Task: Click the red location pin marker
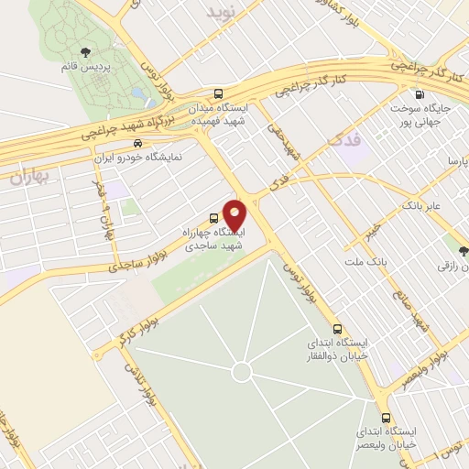(x=235, y=214)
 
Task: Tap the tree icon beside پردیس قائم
(x=85, y=51)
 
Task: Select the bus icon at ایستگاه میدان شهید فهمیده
(x=218, y=93)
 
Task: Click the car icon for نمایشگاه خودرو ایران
(x=137, y=143)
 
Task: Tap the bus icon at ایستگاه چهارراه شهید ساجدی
(x=213, y=218)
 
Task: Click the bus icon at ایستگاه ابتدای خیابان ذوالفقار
(x=337, y=328)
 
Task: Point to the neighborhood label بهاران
(x=27, y=177)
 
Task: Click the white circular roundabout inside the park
(x=241, y=371)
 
